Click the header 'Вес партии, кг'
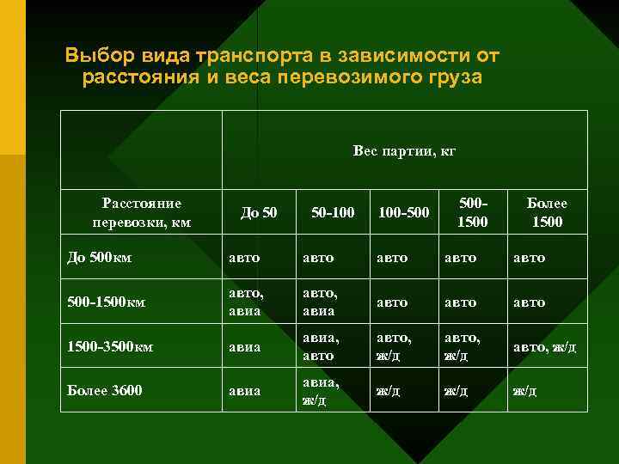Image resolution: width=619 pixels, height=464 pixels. coord(404,152)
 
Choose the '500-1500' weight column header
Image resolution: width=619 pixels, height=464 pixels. coord(472,212)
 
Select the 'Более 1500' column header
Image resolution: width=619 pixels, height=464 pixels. coord(547,212)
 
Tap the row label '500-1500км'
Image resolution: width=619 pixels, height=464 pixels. coord(106,302)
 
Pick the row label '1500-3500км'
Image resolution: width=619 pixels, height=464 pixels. coord(109,347)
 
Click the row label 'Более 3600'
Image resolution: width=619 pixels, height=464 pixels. coord(103,391)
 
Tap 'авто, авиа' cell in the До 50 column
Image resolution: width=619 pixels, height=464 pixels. coord(246,302)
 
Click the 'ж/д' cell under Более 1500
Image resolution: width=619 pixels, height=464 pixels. coord(525,391)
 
